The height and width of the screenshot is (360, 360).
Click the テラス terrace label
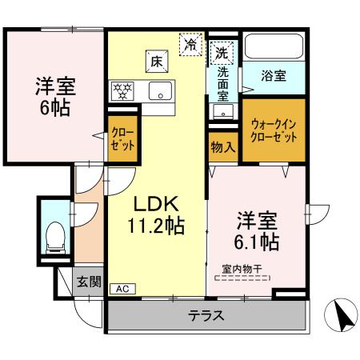click(x=206, y=315)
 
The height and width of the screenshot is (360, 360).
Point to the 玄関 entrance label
click(x=89, y=281)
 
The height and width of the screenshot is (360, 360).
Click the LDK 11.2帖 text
click(x=158, y=214)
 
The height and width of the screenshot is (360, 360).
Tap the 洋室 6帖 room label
click(x=54, y=95)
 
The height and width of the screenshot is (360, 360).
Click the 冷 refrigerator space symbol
click(x=190, y=44)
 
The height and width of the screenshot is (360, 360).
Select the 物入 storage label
click(x=223, y=146)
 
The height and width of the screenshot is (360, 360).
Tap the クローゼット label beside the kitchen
click(x=122, y=141)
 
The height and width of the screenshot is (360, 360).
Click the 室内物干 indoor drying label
click(x=242, y=271)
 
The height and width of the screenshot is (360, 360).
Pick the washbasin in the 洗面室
click(x=222, y=110)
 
